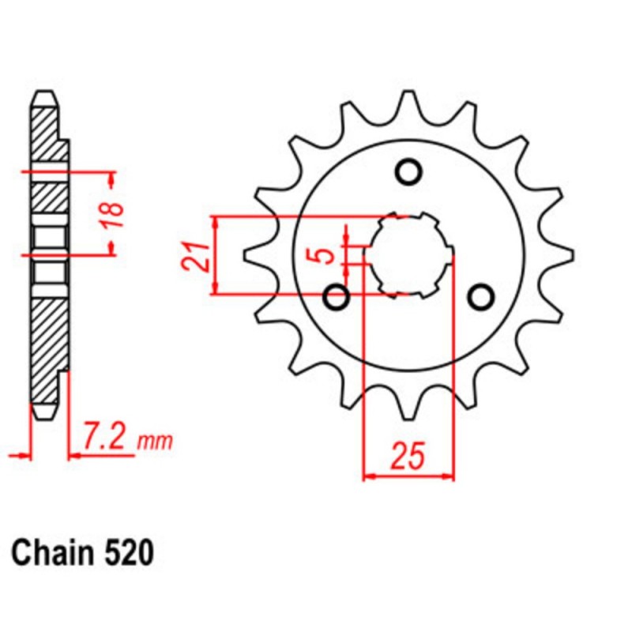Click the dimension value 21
click(x=197, y=254)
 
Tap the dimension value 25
click(x=408, y=457)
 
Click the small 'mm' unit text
click(x=155, y=442)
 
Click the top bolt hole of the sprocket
click(x=408, y=171)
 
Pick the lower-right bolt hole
click(x=480, y=296)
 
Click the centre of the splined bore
click(x=409, y=254)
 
